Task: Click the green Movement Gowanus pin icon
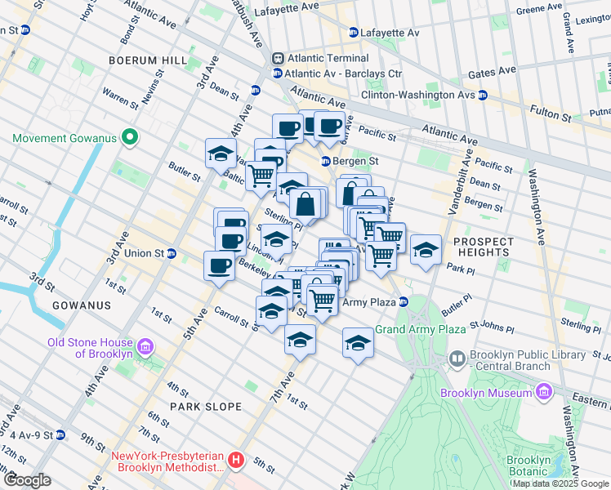tap(128, 137)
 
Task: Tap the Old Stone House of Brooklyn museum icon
tap(145, 348)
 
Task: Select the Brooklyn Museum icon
tap(545, 394)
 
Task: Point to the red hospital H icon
tap(236, 461)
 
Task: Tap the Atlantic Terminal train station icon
tap(278, 59)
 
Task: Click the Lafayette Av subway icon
tap(353, 33)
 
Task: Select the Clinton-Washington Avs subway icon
tap(482, 96)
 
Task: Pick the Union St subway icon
tap(171, 253)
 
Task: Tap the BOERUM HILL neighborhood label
tap(142, 60)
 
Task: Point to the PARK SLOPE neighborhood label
tap(205, 406)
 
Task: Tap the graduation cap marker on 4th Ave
tap(221, 152)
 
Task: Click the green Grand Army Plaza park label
tap(420, 329)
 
